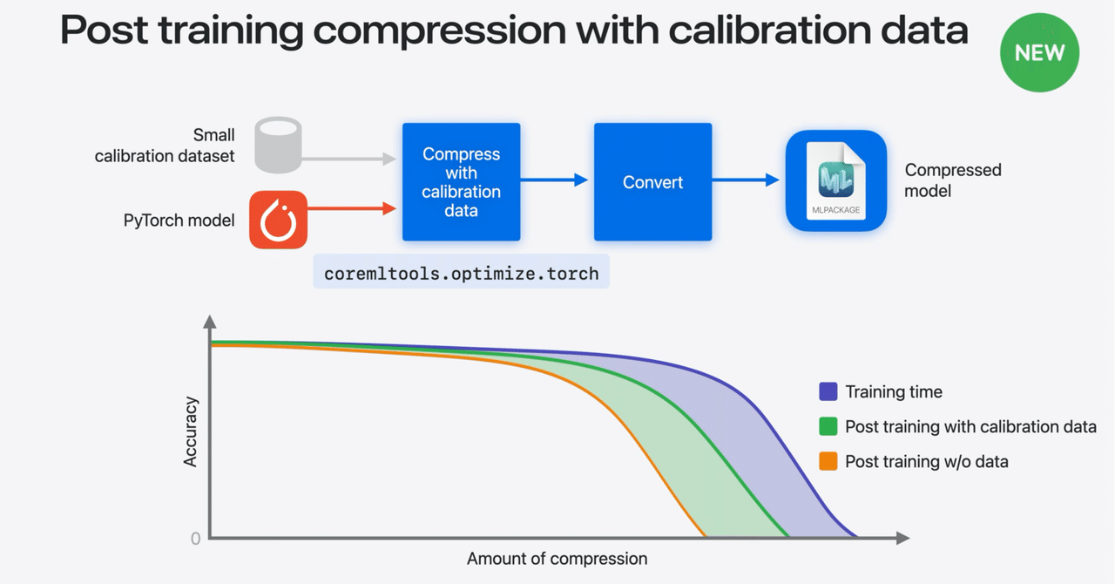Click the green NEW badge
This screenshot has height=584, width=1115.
tap(1039, 52)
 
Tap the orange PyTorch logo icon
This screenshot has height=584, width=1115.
tap(278, 220)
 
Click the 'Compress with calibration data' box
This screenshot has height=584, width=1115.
tap(461, 181)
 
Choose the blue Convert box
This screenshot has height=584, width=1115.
tap(652, 181)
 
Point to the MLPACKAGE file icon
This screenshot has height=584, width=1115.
tap(835, 181)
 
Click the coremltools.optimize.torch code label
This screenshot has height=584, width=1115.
tap(461, 273)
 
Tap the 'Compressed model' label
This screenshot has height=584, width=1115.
tap(952, 180)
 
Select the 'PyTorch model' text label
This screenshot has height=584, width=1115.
tap(179, 221)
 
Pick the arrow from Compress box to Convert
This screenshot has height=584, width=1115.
tap(557, 180)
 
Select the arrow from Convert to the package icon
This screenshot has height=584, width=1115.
tap(747, 180)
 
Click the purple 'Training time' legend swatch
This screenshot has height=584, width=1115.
tap(828, 391)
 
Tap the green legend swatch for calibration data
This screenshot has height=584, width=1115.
tap(828, 426)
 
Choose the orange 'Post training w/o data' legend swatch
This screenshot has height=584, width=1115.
tap(828, 461)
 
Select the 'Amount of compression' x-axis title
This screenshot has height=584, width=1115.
tap(557, 559)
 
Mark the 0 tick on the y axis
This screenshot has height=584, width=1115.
tap(195, 539)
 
